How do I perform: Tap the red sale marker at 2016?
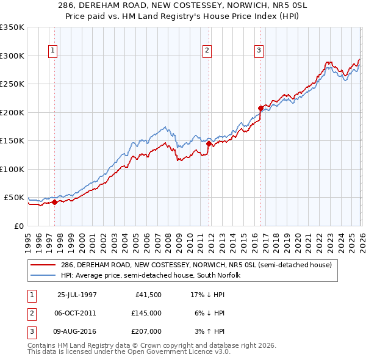(x=260, y=109)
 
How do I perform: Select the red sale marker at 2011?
(x=209, y=144)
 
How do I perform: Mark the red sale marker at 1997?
(x=55, y=202)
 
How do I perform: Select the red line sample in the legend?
(x=43, y=265)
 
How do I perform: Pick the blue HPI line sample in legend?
(x=43, y=275)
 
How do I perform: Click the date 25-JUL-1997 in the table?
(x=77, y=295)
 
